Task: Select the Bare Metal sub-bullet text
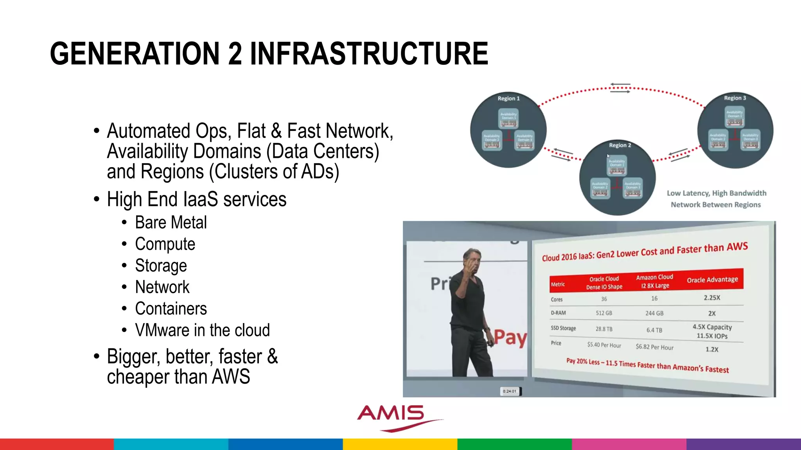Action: [x=171, y=223]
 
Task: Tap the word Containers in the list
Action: [x=171, y=309]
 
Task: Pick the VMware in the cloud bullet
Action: [x=202, y=330]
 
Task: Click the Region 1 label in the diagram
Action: [x=508, y=98]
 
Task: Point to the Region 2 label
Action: [x=620, y=145]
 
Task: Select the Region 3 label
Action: [x=735, y=98]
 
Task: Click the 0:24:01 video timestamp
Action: [x=510, y=391]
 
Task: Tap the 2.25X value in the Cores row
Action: [x=712, y=298]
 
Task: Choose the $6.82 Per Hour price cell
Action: [x=654, y=347]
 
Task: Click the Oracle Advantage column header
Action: [x=712, y=280]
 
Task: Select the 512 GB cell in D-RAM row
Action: [x=604, y=313]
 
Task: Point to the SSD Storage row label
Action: [x=563, y=328]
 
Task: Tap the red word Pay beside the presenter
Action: [x=510, y=337]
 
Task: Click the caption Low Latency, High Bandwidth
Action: [x=716, y=193]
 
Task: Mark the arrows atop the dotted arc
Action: [x=620, y=88]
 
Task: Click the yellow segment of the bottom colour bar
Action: [x=400, y=444]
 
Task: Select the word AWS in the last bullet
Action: [x=231, y=377]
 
